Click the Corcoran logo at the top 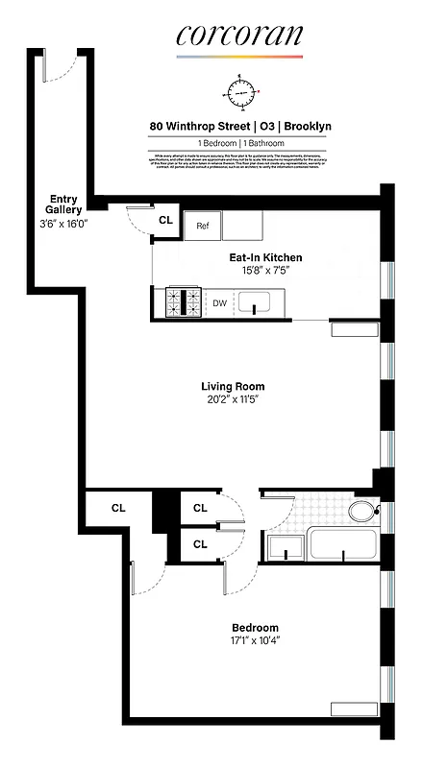(x=238, y=36)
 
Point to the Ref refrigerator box (x=203, y=226)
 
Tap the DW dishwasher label (x=219, y=304)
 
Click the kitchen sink (x=255, y=306)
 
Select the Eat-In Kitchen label (x=265, y=257)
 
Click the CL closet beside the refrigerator (x=165, y=220)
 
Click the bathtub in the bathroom (x=341, y=549)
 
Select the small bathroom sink (x=286, y=549)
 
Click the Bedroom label (x=255, y=627)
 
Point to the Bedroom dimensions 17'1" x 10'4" (x=255, y=640)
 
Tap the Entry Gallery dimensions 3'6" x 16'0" (x=60, y=222)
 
